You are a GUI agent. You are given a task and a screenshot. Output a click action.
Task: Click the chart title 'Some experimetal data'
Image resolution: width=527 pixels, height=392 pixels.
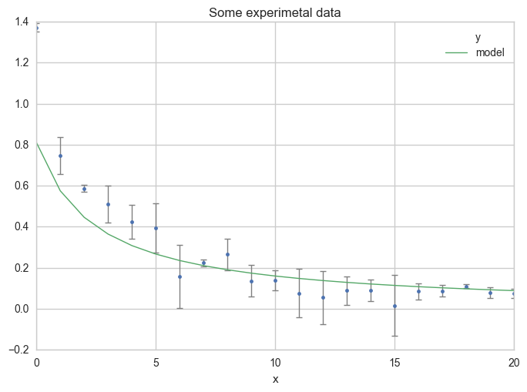pyautogui.click(x=275, y=12)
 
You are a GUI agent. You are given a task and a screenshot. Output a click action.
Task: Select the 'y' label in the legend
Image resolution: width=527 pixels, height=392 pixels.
pyautogui.click(x=478, y=38)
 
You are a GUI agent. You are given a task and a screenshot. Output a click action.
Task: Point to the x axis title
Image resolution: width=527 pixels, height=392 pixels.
pyautogui.click(x=275, y=379)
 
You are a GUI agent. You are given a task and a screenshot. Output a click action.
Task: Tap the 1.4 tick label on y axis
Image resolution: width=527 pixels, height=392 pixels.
pyautogui.click(x=22, y=22)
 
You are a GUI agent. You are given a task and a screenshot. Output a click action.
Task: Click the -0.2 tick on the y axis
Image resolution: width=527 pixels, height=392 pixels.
pyautogui.click(x=20, y=350)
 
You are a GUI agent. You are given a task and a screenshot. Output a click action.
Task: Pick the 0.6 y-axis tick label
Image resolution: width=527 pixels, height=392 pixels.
pyautogui.click(x=22, y=186)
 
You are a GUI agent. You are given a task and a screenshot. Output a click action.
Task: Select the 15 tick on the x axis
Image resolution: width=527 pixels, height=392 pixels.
pyautogui.click(x=394, y=362)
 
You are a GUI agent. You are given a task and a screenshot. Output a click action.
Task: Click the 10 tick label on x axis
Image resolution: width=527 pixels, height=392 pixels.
pyautogui.click(x=275, y=362)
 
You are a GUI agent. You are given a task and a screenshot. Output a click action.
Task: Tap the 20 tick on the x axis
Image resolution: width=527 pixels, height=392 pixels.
pyautogui.click(x=513, y=362)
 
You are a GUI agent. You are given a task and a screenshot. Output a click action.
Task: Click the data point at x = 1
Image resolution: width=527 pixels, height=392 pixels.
pyautogui.click(x=60, y=156)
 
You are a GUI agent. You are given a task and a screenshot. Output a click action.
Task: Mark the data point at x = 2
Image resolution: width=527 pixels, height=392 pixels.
pyautogui.click(x=84, y=189)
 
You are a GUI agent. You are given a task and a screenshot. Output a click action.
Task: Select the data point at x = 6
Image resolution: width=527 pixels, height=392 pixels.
pyautogui.click(x=180, y=276)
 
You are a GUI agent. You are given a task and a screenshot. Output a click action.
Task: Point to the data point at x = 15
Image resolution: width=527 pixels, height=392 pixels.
pyautogui.click(x=394, y=306)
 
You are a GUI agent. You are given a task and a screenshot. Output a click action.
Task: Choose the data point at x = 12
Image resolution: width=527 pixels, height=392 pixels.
pyautogui.click(x=323, y=297)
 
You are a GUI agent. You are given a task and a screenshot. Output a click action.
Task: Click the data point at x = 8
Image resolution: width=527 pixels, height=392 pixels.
pyautogui.click(x=227, y=254)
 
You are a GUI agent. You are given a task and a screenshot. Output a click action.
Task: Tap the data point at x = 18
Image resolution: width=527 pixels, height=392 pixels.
pyautogui.click(x=466, y=286)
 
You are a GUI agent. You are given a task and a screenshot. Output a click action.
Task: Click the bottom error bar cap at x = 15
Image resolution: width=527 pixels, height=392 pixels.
pyautogui.click(x=394, y=336)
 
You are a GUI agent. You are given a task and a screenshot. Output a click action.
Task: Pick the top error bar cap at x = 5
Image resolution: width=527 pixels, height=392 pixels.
pyautogui.click(x=156, y=204)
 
